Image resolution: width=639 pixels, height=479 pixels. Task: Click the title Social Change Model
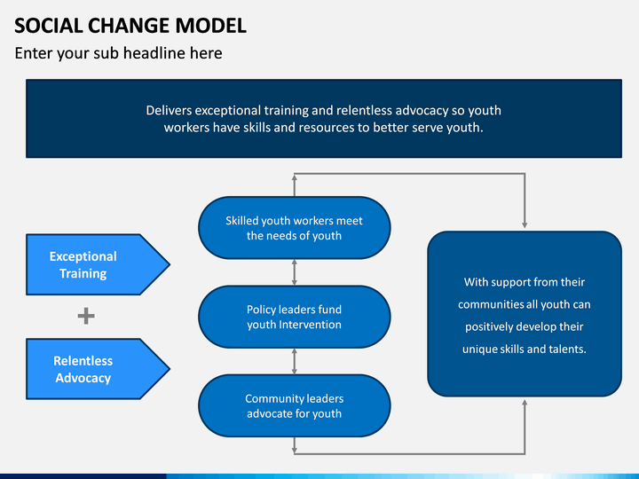130,26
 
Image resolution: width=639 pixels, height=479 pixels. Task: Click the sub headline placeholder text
119,53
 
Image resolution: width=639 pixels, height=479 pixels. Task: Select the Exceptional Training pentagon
98,264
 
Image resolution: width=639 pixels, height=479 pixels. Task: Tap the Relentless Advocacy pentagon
98,369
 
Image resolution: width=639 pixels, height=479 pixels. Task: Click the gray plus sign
86,316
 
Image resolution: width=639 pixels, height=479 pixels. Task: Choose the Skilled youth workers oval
295,228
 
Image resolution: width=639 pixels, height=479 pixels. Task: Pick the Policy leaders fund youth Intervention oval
295,317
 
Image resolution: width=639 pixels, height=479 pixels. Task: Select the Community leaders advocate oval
295,405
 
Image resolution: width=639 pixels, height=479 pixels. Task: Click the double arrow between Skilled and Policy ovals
295,272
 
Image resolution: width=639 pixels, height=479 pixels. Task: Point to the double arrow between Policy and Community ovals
295,361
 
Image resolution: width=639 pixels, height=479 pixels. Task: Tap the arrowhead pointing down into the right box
525,225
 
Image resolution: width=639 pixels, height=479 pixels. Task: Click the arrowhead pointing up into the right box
525,402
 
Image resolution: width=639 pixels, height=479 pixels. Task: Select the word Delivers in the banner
169,110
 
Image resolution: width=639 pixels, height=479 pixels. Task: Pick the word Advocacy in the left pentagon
83,379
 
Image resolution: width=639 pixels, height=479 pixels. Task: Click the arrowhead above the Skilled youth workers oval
295,177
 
